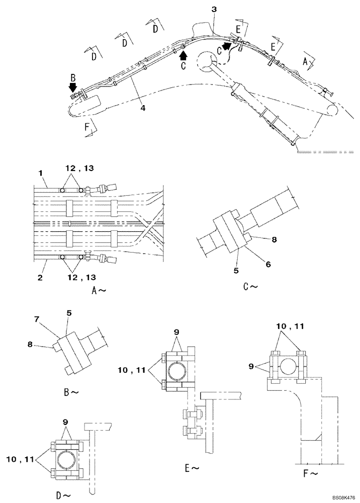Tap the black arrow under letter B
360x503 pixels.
(74, 88)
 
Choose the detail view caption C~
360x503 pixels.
(250, 287)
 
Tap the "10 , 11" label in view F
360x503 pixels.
(288, 326)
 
